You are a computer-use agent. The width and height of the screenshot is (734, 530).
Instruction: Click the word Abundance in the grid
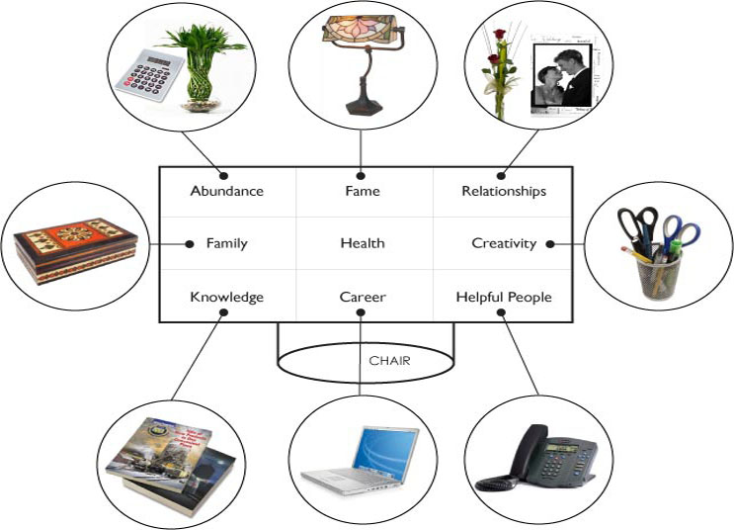[227, 191]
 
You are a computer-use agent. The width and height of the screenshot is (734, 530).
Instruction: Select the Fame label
[364, 191]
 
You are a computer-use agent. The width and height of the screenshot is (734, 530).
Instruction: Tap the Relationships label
[504, 191]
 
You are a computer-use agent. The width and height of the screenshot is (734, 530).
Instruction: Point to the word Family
[226, 243]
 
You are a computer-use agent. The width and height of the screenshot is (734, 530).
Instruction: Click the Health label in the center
[363, 243]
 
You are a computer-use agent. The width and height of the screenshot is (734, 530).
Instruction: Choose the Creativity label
[504, 243]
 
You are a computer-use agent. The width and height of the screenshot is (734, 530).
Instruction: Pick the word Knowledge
[226, 297]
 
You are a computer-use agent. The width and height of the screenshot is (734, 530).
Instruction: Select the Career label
[363, 297]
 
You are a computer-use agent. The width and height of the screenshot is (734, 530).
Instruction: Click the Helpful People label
[504, 297]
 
